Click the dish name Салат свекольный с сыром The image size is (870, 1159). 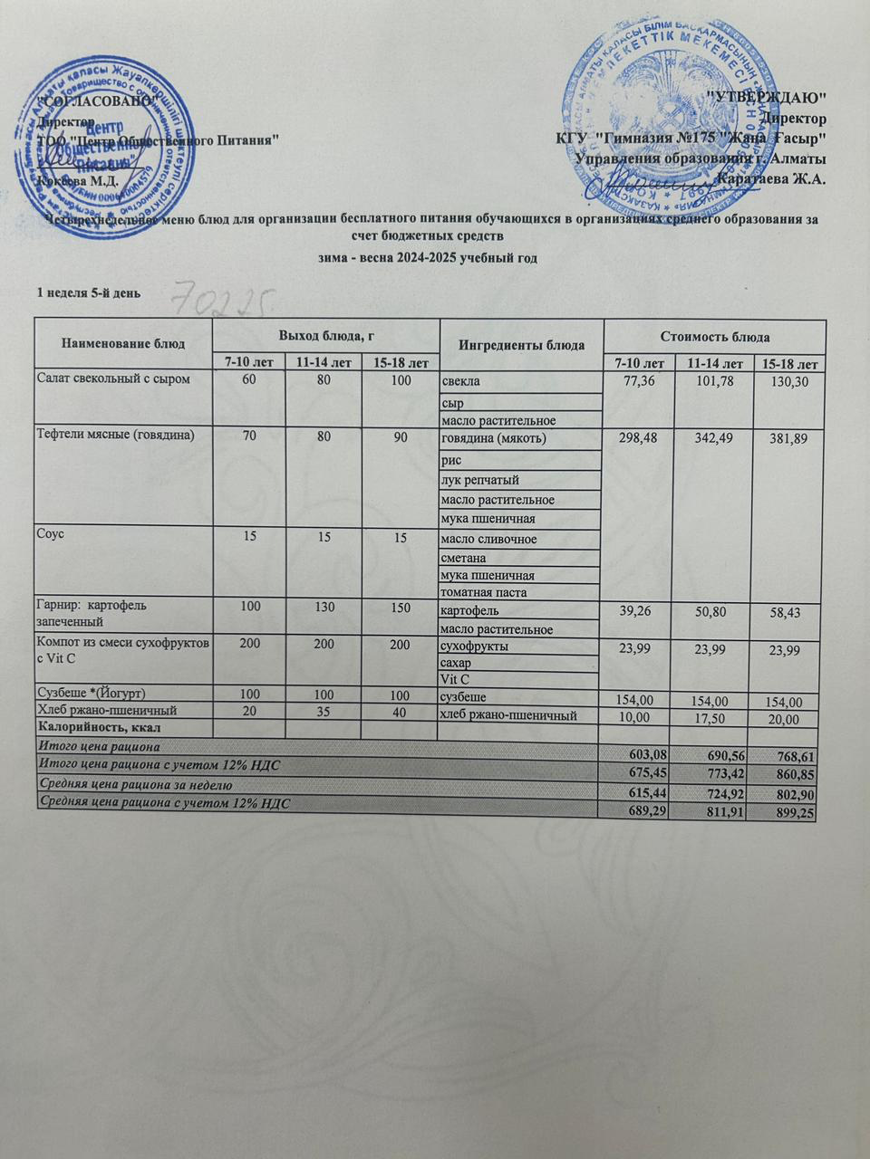(x=112, y=378)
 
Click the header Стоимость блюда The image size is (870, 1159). (x=715, y=337)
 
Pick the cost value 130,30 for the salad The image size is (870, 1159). (x=788, y=384)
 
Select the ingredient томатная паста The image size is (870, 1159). (x=483, y=592)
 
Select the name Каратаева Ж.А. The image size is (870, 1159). (x=770, y=177)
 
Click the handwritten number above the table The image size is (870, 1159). (x=223, y=294)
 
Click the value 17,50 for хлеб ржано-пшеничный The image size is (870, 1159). (x=714, y=717)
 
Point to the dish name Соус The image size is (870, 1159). (x=49, y=534)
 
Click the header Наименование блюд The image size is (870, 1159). (x=122, y=344)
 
